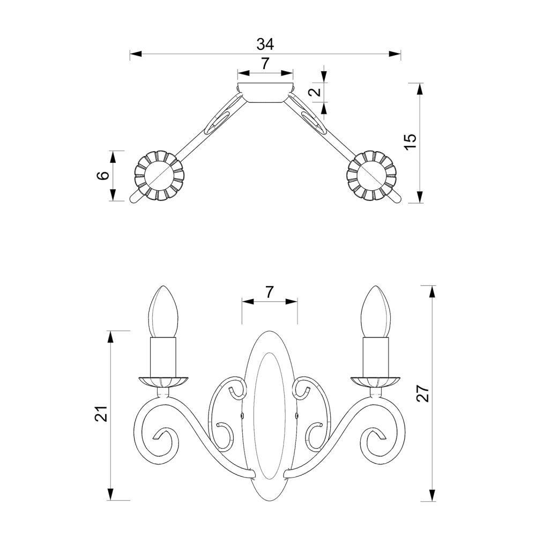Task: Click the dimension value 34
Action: [x=265, y=44]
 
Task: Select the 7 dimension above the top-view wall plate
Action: [x=265, y=64]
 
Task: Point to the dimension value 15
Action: [x=410, y=141]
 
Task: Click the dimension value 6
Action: [x=103, y=175]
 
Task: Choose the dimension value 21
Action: [x=101, y=414]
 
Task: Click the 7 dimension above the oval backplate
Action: [x=270, y=292]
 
